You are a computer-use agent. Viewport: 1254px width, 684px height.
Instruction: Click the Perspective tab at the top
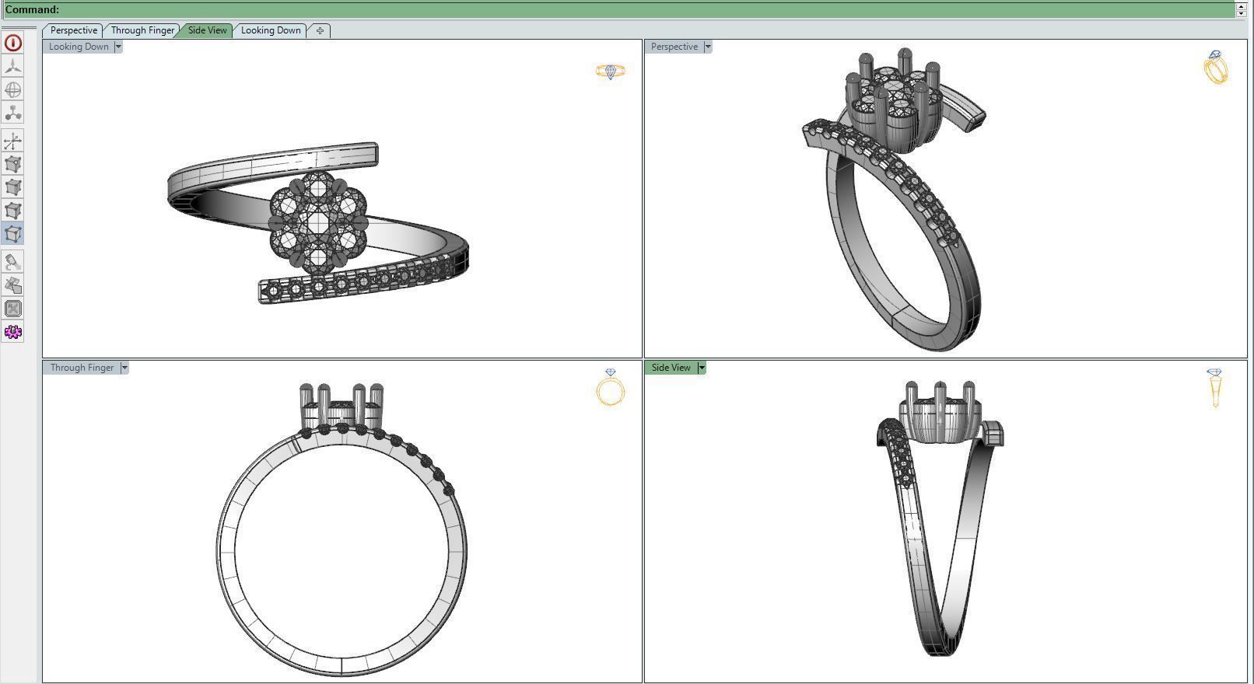[73, 30]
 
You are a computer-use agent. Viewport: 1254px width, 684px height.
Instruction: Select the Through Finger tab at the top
[142, 30]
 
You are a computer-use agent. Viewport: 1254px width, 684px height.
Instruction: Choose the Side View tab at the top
[207, 30]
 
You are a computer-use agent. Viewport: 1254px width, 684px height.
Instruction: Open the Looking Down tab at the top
[270, 30]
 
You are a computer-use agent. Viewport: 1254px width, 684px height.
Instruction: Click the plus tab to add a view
[320, 30]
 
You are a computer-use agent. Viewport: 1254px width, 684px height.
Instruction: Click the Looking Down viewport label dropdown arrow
[118, 47]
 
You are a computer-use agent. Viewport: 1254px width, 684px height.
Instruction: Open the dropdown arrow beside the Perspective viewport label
[708, 47]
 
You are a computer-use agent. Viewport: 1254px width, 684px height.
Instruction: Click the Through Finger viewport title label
[82, 368]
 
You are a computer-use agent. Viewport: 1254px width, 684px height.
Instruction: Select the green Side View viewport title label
[671, 368]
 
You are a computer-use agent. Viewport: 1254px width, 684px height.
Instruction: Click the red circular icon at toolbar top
[13, 43]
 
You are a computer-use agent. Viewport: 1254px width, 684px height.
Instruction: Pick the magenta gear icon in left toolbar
[13, 332]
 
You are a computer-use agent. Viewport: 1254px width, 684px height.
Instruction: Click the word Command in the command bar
[32, 9]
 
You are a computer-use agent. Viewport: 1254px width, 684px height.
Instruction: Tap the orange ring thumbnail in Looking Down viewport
[611, 72]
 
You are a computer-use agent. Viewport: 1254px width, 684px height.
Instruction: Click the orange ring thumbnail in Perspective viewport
[1216, 68]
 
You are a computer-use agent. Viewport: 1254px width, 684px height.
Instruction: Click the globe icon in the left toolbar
[13, 89]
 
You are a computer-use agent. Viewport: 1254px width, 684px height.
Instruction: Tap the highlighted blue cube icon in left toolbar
[13, 234]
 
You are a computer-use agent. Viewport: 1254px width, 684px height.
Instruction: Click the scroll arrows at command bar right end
[1242, 9]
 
